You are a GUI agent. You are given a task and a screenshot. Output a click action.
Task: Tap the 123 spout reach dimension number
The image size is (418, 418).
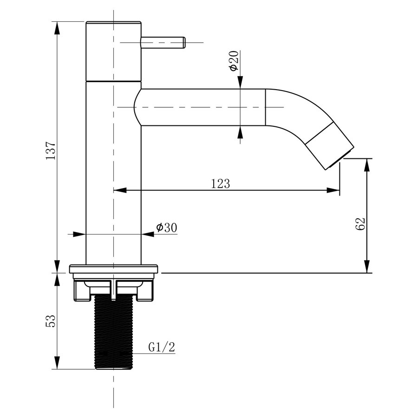(x=221, y=183)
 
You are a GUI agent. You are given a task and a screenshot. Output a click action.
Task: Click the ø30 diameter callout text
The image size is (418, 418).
(x=166, y=228)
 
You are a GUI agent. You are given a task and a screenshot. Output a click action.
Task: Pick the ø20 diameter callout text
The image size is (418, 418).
(x=234, y=61)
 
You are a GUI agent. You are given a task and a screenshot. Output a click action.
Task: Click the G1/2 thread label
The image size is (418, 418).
(x=162, y=347)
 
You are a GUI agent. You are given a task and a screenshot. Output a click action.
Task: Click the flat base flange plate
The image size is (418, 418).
(x=114, y=269)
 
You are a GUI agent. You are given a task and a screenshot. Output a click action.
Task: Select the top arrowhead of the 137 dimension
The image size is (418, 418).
(x=57, y=28)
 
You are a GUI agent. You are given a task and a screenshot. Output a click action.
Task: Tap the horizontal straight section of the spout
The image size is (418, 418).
(x=200, y=107)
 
